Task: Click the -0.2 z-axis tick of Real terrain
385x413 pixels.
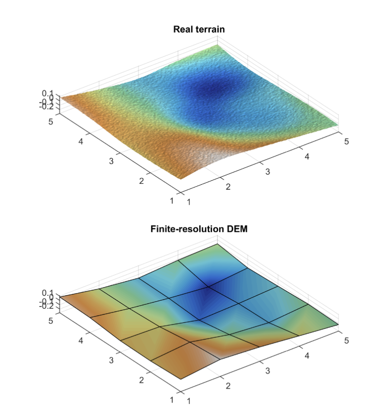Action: pos(47,106)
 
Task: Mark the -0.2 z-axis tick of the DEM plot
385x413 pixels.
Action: pos(47,306)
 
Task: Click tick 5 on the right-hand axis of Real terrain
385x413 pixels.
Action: pos(346,141)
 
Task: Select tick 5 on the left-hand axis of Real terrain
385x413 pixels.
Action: pos(51,121)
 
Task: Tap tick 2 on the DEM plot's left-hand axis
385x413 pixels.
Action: pos(141,381)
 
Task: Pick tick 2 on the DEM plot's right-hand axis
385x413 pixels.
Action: pos(228,386)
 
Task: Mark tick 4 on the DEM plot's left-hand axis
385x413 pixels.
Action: pos(81,341)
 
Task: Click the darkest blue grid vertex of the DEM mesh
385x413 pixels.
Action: pos(209,287)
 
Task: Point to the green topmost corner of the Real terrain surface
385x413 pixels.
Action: pos(217,45)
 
